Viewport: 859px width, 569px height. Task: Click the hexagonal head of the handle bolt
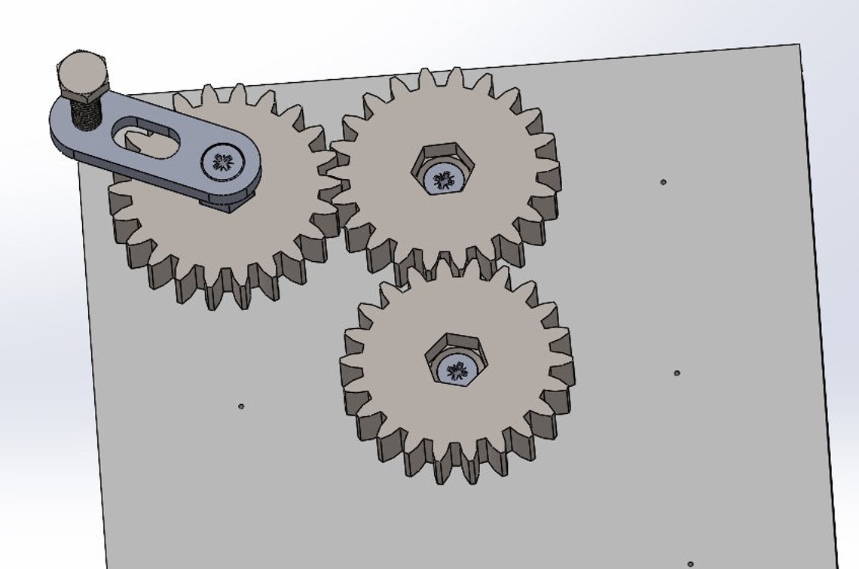tap(83, 73)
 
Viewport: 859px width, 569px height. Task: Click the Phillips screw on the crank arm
tap(224, 161)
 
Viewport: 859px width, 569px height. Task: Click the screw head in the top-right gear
tap(442, 178)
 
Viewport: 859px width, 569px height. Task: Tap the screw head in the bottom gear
tap(457, 369)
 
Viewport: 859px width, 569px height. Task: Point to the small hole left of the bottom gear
tap(241, 406)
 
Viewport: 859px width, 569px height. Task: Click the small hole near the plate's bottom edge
tap(690, 564)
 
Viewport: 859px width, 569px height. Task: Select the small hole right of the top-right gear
tap(663, 181)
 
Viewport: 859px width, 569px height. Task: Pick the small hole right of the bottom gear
tap(676, 373)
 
